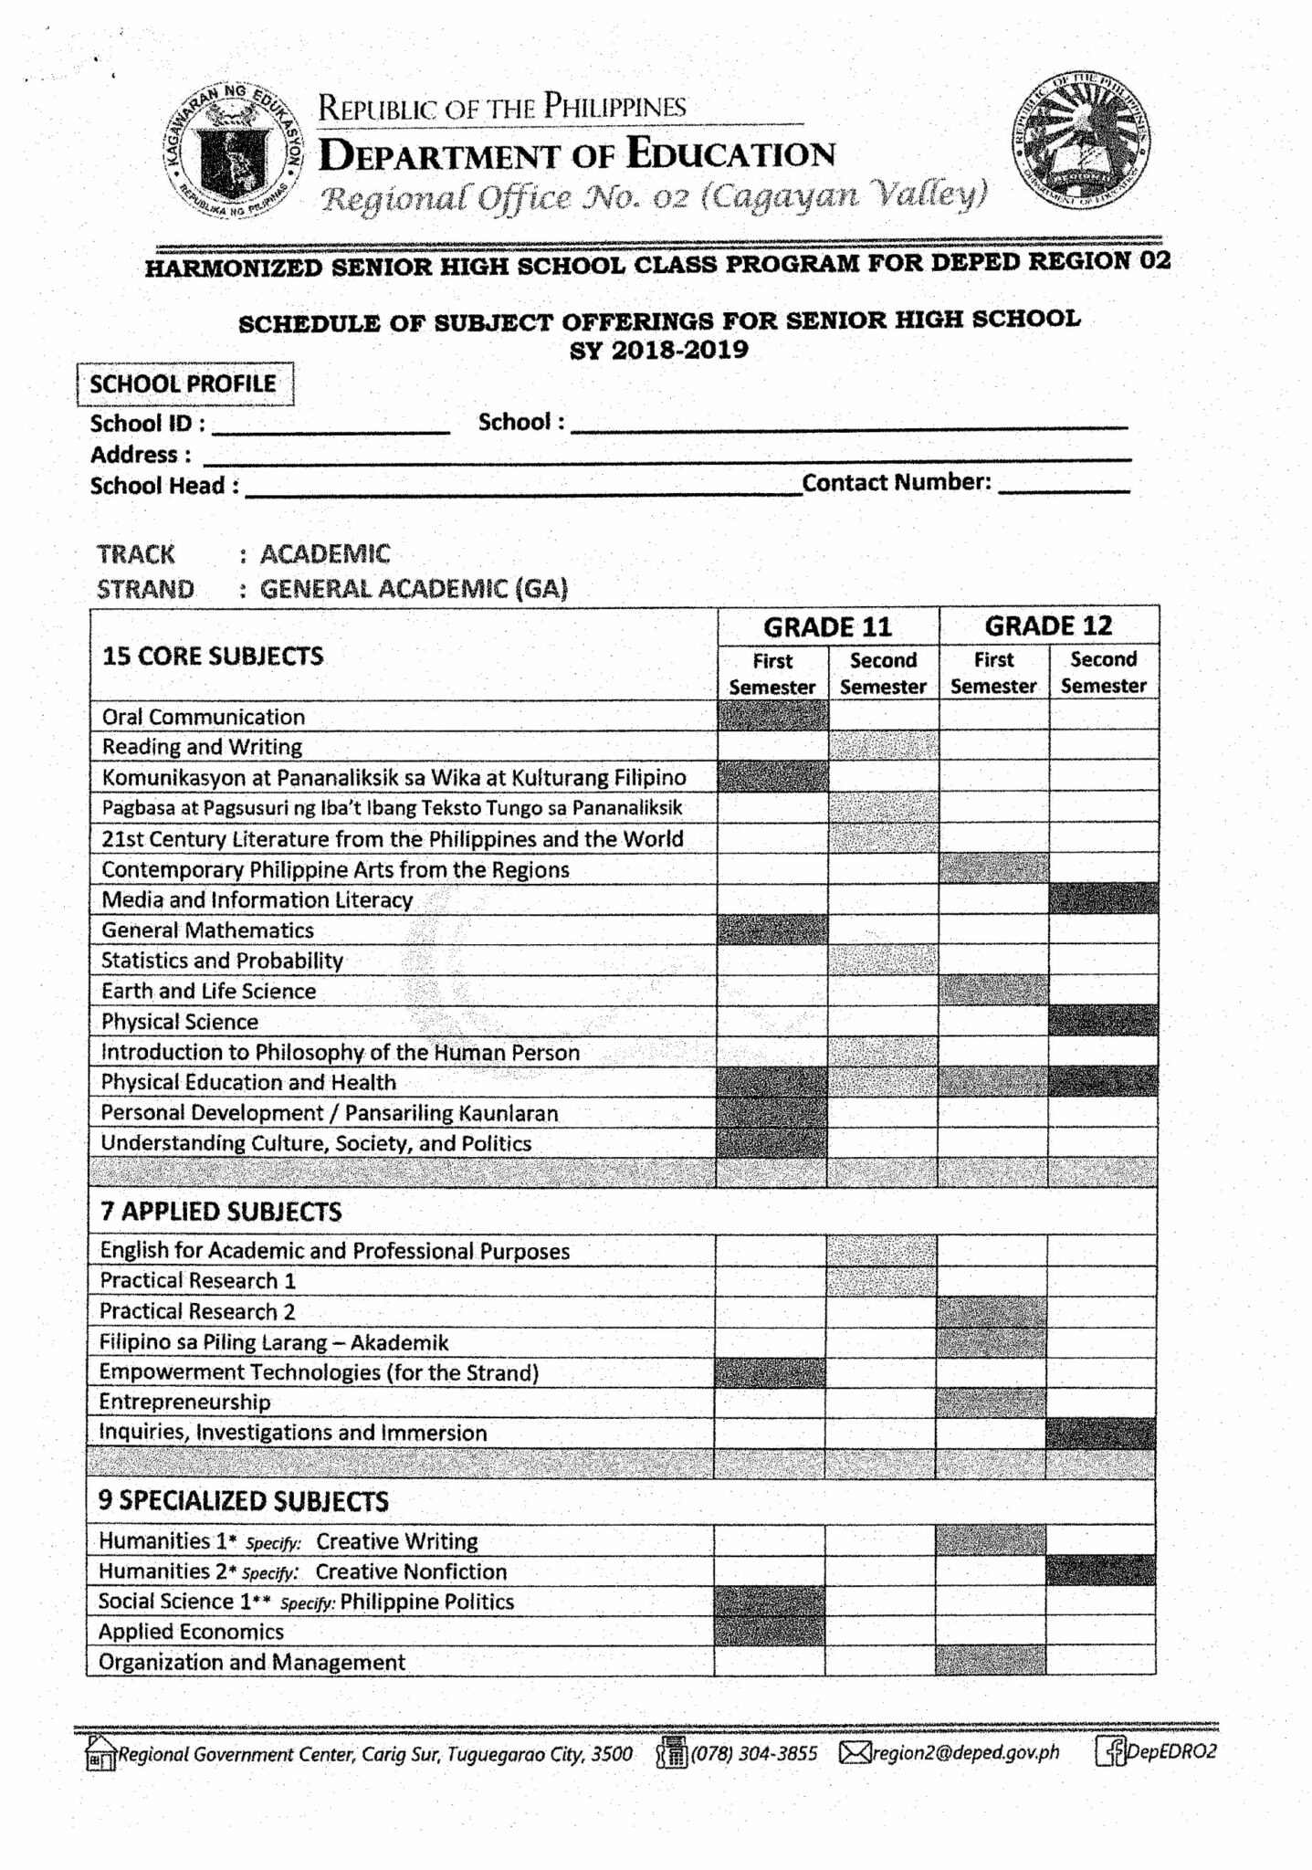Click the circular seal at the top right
coord(1080,140)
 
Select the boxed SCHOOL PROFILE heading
coord(184,384)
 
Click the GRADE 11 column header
coord(827,627)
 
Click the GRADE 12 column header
coord(1048,626)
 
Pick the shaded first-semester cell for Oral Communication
coord(772,717)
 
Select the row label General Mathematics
coord(207,930)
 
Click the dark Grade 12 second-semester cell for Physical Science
coord(1103,1021)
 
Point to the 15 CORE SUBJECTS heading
coord(213,657)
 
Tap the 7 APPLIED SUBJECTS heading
coord(220,1212)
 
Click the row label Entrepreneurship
coord(184,1402)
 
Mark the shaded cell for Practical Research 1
coord(881,1280)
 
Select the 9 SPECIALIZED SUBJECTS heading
coord(243,1501)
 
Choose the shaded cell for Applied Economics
coord(769,1632)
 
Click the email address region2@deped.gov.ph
coord(966,1752)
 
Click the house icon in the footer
coord(100,1752)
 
